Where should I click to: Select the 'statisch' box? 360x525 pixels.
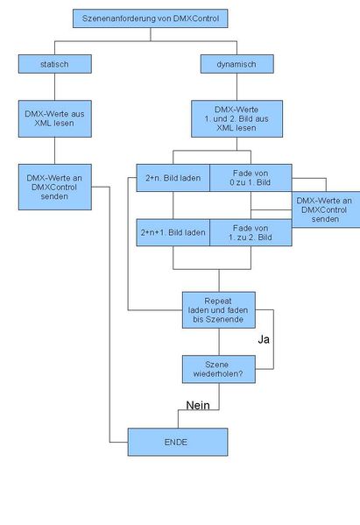point(54,63)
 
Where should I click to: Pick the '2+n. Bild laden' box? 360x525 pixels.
point(173,178)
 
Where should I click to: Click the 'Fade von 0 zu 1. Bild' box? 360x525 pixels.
point(250,178)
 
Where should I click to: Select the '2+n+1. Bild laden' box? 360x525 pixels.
point(173,232)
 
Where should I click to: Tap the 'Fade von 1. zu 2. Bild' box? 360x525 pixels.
point(250,232)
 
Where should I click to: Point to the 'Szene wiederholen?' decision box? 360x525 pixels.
point(218,369)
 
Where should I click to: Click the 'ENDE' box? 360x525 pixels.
point(178,441)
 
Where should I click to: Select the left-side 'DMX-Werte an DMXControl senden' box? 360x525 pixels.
point(54,185)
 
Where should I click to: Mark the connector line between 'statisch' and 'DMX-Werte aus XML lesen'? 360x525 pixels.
point(54,85)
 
